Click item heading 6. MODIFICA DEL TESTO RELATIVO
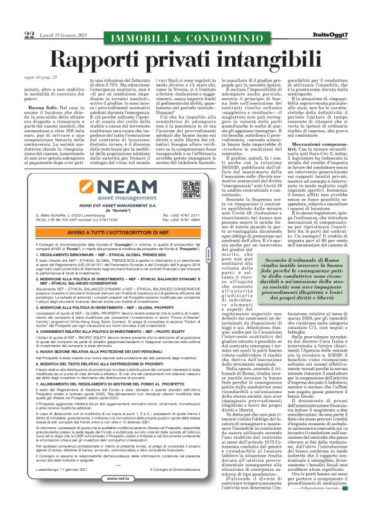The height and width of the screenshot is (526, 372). point(96,364)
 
